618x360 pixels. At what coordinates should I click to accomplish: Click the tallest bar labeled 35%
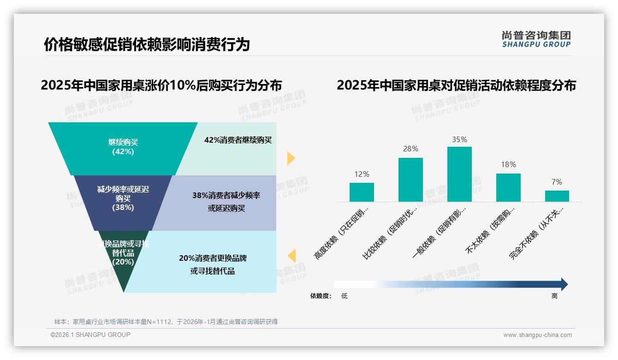pos(459,174)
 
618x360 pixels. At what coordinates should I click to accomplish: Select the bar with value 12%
pos(362,192)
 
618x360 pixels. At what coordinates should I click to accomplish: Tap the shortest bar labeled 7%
pos(557,196)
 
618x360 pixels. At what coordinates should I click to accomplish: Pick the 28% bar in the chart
pos(410,180)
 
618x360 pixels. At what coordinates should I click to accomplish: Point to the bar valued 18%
pos(508,187)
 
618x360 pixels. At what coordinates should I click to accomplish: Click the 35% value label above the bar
pos(459,139)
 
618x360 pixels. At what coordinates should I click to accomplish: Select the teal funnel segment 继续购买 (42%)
pos(123,147)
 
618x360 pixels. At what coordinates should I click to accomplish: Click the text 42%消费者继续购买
pos(238,140)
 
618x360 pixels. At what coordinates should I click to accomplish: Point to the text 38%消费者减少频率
pos(226,196)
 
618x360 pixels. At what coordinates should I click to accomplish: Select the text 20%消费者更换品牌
pos(213,258)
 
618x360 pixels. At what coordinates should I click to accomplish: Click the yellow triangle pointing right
pos(291,158)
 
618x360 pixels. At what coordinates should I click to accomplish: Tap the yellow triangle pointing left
pos(291,255)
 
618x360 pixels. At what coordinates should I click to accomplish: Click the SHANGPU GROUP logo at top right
pos(536,39)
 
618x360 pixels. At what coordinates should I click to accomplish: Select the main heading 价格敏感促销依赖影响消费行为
pos(147,44)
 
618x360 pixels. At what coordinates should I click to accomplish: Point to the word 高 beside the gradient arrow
pos(554,296)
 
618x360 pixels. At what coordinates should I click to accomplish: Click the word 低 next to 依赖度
pos(344,296)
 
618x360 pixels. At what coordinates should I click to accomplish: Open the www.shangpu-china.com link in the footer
pos(537,335)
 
